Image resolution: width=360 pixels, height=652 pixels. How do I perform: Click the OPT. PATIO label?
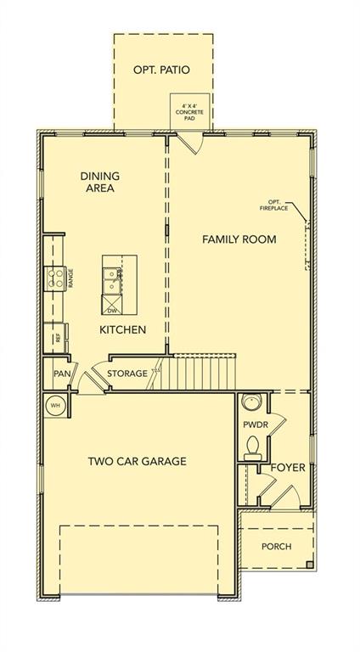161,70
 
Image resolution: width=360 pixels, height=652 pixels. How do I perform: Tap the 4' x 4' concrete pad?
190,111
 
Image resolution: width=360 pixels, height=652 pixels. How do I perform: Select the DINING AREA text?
100,182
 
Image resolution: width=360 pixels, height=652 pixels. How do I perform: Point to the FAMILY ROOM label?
239,239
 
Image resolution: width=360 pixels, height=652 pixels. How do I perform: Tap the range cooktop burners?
56,278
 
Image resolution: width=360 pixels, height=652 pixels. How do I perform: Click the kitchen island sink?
112,280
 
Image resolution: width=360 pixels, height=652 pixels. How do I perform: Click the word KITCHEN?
122,329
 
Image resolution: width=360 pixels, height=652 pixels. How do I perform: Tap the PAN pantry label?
61,374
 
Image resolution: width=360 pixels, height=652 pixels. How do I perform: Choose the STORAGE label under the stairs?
127,374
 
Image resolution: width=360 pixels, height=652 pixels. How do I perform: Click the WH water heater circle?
56,405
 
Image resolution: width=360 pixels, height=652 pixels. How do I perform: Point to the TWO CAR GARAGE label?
138,461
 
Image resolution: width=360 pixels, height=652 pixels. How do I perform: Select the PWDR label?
256,425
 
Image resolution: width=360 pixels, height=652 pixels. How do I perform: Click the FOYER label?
288,468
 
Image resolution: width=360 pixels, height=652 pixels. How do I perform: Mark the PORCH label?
277,547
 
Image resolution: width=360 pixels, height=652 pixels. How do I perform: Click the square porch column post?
310,565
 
